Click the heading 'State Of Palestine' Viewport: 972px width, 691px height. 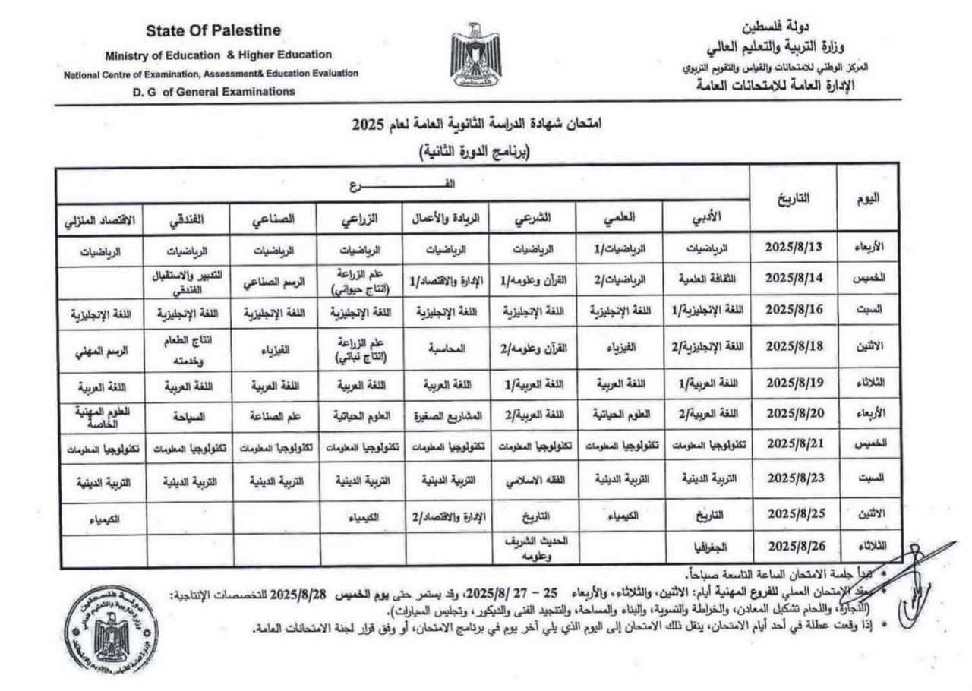213,30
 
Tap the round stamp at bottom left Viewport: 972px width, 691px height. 111,629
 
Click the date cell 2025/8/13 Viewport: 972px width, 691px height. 794,247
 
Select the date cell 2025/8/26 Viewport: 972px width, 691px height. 794,545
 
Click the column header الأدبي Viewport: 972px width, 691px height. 706,216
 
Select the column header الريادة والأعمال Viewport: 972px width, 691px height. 446,218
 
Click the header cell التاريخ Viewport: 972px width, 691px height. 794,198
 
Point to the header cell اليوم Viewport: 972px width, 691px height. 868,198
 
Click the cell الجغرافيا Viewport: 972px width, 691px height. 706,546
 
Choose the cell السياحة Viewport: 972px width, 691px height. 190,415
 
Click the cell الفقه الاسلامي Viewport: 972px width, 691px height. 532,479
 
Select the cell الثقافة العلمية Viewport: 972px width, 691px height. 706,279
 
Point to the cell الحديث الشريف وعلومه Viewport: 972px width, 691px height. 532,549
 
